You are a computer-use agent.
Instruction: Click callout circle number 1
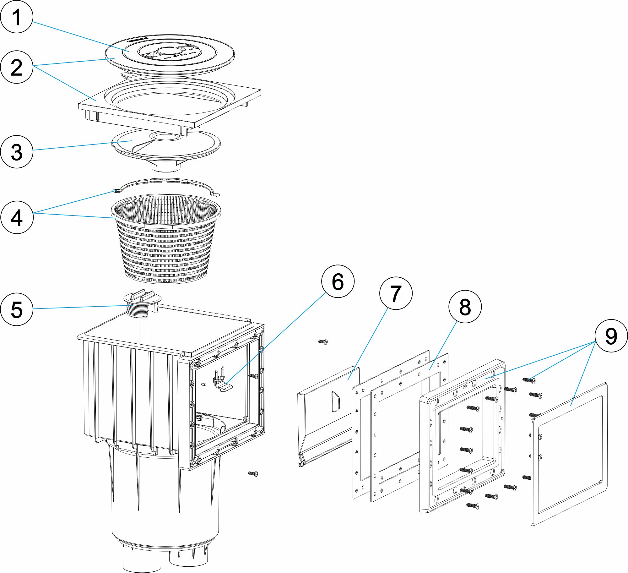[17, 17]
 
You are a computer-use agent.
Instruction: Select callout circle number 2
[17, 67]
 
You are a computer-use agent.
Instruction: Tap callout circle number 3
[17, 152]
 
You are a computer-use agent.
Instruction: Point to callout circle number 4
[17, 217]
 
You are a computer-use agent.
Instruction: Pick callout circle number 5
[17, 309]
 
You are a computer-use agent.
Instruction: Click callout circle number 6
[338, 281]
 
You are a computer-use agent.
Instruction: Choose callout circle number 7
[396, 293]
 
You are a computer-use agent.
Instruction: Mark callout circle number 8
[465, 307]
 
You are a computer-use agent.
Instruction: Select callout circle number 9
[611, 336]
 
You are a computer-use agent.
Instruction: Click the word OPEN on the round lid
[180, 56]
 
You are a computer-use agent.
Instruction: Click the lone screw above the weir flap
[322, 341]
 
